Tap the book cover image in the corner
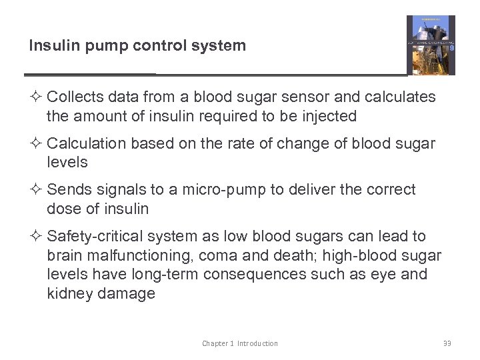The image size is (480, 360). [x=431, y=45]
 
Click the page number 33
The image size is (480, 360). [x=447, y=343]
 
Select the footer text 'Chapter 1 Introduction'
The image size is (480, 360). [x=240, y=343]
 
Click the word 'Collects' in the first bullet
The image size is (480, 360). [x=75, y=97]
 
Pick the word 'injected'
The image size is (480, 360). [x=328, y=117]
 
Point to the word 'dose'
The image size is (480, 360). [x=63, y=209]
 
